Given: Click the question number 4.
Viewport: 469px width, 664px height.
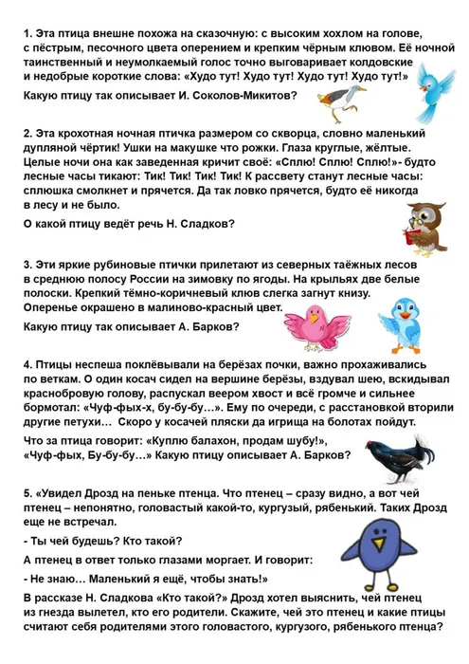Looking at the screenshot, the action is pyautogui.click(x=27, y=363).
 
